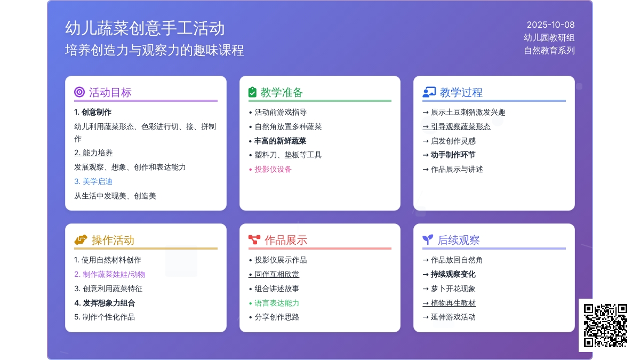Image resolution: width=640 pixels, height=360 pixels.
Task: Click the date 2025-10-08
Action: click(x=550, y=25)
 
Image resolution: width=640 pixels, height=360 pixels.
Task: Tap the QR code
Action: click(x=605, y=325)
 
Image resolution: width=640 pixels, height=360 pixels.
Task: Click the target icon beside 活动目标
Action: click(x=79, y=92)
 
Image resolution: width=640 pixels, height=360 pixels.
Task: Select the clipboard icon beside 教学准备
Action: click(x=252, y=92)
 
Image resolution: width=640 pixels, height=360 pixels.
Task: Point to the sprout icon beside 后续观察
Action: click(x=428, y=239)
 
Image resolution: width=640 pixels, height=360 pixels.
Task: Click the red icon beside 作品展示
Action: click(x=254, y=239)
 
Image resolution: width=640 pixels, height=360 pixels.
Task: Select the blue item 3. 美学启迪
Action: click(x=93, y=181)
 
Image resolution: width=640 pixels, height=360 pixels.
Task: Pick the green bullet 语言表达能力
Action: click(x=277, y=303)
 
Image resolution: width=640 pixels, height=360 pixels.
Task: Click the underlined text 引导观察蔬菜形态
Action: click(x=461, y=126)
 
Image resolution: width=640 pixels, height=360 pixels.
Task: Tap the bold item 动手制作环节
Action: click(x=453, y=155)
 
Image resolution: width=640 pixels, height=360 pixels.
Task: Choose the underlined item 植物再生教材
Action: click(x=453, y=303)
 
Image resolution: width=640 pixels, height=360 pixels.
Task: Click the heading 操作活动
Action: click(x=113, y=240)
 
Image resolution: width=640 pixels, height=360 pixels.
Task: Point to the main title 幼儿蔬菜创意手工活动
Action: click(x=145, y=28)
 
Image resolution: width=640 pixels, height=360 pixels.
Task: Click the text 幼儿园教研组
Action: click(x=549, y=38)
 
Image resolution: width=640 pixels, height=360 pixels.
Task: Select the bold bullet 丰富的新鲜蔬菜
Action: click(x=281, y=141)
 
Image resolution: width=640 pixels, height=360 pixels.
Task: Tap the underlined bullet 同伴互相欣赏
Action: click(x=277, y=274)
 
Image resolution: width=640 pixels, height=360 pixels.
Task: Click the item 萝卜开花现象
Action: click(x=453, y=289)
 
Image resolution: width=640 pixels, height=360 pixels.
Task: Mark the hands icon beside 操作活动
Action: click(x=81, y=239)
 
